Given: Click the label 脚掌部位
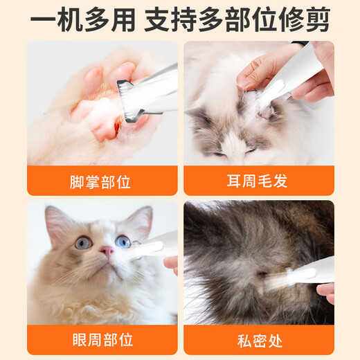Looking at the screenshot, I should point(100,182).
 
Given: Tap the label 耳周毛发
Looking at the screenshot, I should point(258,182).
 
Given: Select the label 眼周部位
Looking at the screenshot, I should point(100,341).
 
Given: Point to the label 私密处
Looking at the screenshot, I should point(258,341).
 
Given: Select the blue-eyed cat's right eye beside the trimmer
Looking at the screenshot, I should point(123,242).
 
